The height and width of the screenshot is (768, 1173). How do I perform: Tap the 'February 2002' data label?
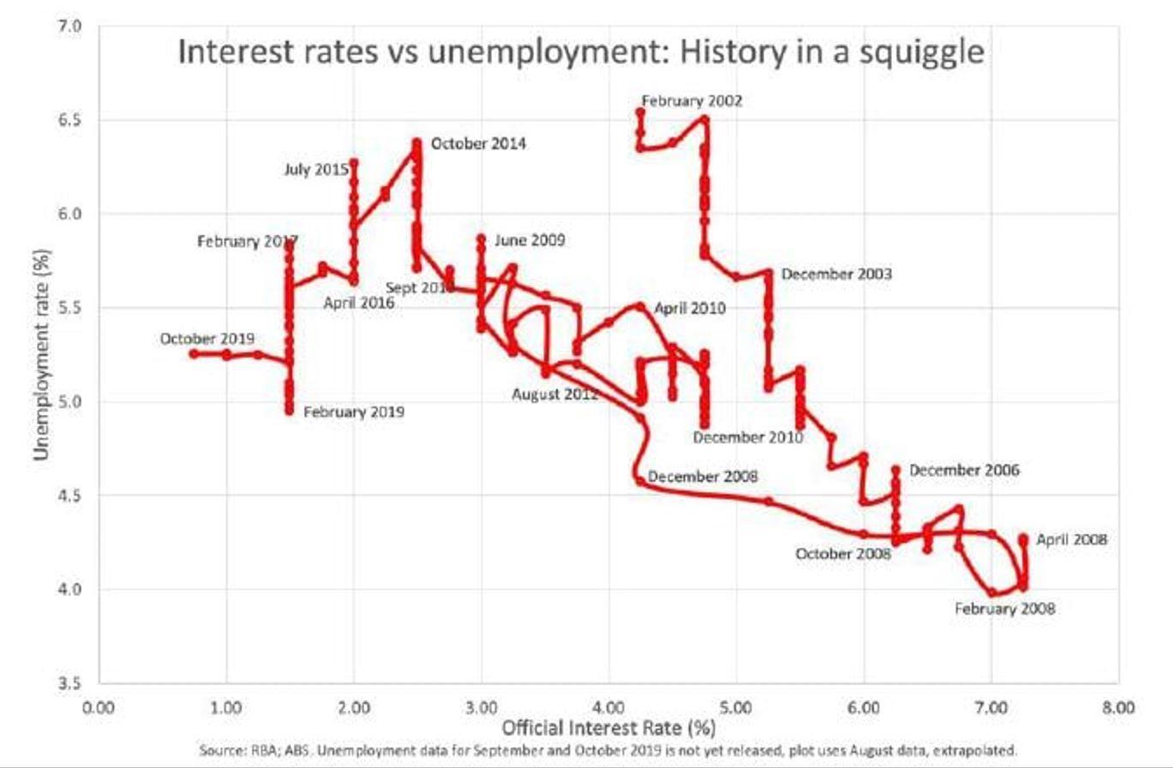[692, 100]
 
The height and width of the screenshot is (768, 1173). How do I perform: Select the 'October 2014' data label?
[478, 143]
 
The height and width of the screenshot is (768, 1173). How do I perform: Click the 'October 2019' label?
[206, 339]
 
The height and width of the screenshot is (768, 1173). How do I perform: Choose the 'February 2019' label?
[354, 411]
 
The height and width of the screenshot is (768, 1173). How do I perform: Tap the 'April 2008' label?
[1072, 540]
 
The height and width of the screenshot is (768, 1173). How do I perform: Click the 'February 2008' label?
[1005, 609]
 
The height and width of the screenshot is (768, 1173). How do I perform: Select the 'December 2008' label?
[703, 477]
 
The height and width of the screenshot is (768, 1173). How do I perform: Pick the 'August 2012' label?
[555, 394]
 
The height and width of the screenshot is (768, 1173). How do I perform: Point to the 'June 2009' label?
[530, 240]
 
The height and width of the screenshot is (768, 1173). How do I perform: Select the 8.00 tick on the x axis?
[1117, 707]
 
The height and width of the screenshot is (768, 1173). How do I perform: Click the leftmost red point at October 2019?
[194, 353]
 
